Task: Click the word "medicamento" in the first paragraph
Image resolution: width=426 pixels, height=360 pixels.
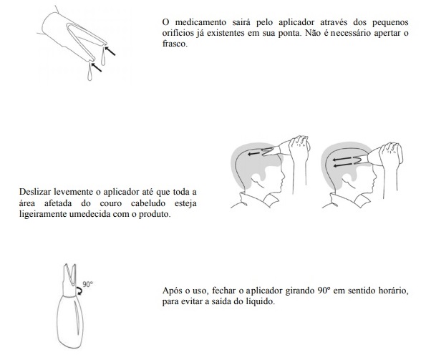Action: click(200, 22)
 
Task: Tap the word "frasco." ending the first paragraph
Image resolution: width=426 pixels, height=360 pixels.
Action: click(175, 44)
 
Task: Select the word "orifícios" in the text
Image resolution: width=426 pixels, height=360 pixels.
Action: click(178, 33)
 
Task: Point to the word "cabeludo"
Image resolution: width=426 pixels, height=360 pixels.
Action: click(148, 203)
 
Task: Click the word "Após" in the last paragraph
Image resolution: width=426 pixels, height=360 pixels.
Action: click(171, 291)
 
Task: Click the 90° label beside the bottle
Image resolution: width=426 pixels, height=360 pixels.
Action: click(87, 284)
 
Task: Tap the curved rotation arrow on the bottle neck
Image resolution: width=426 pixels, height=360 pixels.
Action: click(79, 291)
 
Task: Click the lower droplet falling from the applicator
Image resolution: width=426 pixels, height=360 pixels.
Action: click(90, 72)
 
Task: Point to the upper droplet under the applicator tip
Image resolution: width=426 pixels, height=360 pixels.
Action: click(103, 57)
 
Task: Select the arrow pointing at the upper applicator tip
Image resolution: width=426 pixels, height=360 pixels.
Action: click(110, 52)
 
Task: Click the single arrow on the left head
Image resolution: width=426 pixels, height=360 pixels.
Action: click(253, 154)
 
